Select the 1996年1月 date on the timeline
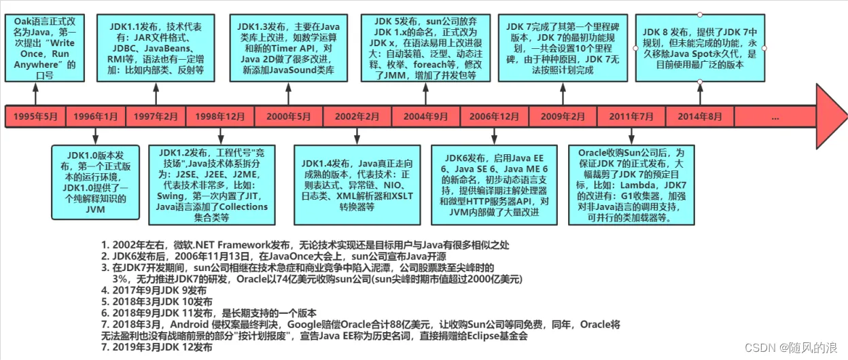click(x=95, y=116)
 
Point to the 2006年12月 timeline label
click(x=495, y=116)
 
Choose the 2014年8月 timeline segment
click(x=699, y=116)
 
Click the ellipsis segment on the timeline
click(x=775, y=116)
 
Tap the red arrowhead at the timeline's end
click(x=830, y=116)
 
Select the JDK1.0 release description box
click(x=96, y=182)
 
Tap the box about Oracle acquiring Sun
click(x=631, y=185)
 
